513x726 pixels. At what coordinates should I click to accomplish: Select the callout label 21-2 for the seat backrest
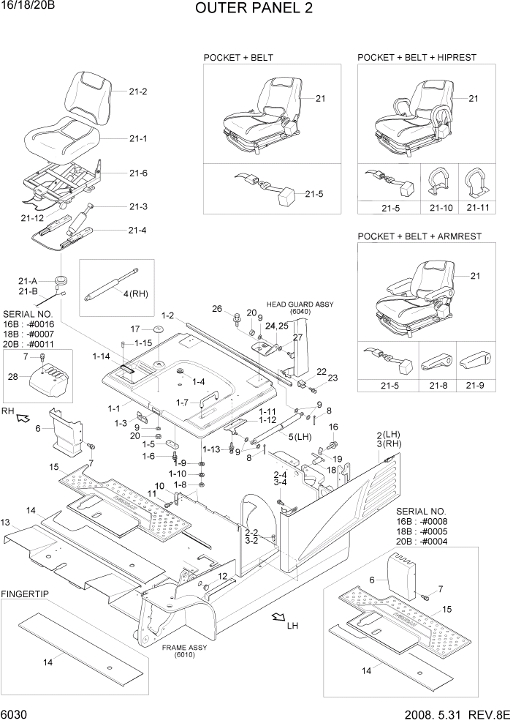pos(138,91)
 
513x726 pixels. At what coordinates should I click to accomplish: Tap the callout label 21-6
pos(138,173)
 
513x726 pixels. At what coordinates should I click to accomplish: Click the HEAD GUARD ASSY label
pos(289,304)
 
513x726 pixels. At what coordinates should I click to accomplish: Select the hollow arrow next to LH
pos(277,618)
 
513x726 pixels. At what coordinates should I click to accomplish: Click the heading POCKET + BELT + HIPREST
pos(417,57)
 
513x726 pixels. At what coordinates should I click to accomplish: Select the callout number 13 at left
pos(6,523)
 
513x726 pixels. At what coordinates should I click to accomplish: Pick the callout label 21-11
pos(478,209)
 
